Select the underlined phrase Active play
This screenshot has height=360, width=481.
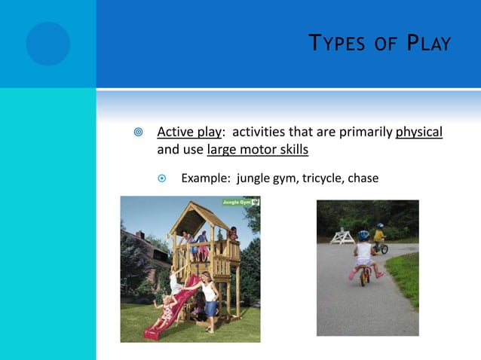point(188,133)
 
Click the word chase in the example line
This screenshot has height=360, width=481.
point(362,178)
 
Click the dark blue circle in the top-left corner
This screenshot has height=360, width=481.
point(47,44)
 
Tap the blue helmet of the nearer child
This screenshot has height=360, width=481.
point(363,235)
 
